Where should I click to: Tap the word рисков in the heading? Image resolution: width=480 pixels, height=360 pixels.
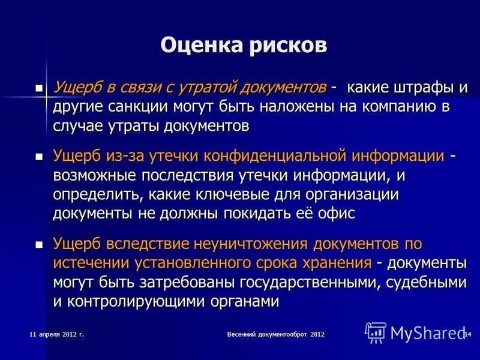click(288, 46)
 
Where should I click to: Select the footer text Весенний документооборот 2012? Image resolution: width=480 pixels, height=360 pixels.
click(276, 334)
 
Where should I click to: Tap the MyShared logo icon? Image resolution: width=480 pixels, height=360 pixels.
click(376, 332)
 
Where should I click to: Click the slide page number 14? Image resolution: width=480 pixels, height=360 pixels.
click(467, 334)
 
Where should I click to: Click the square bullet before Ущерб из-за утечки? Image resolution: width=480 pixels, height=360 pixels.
click(40, 157)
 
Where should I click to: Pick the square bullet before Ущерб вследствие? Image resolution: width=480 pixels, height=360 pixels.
click(40, 245)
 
